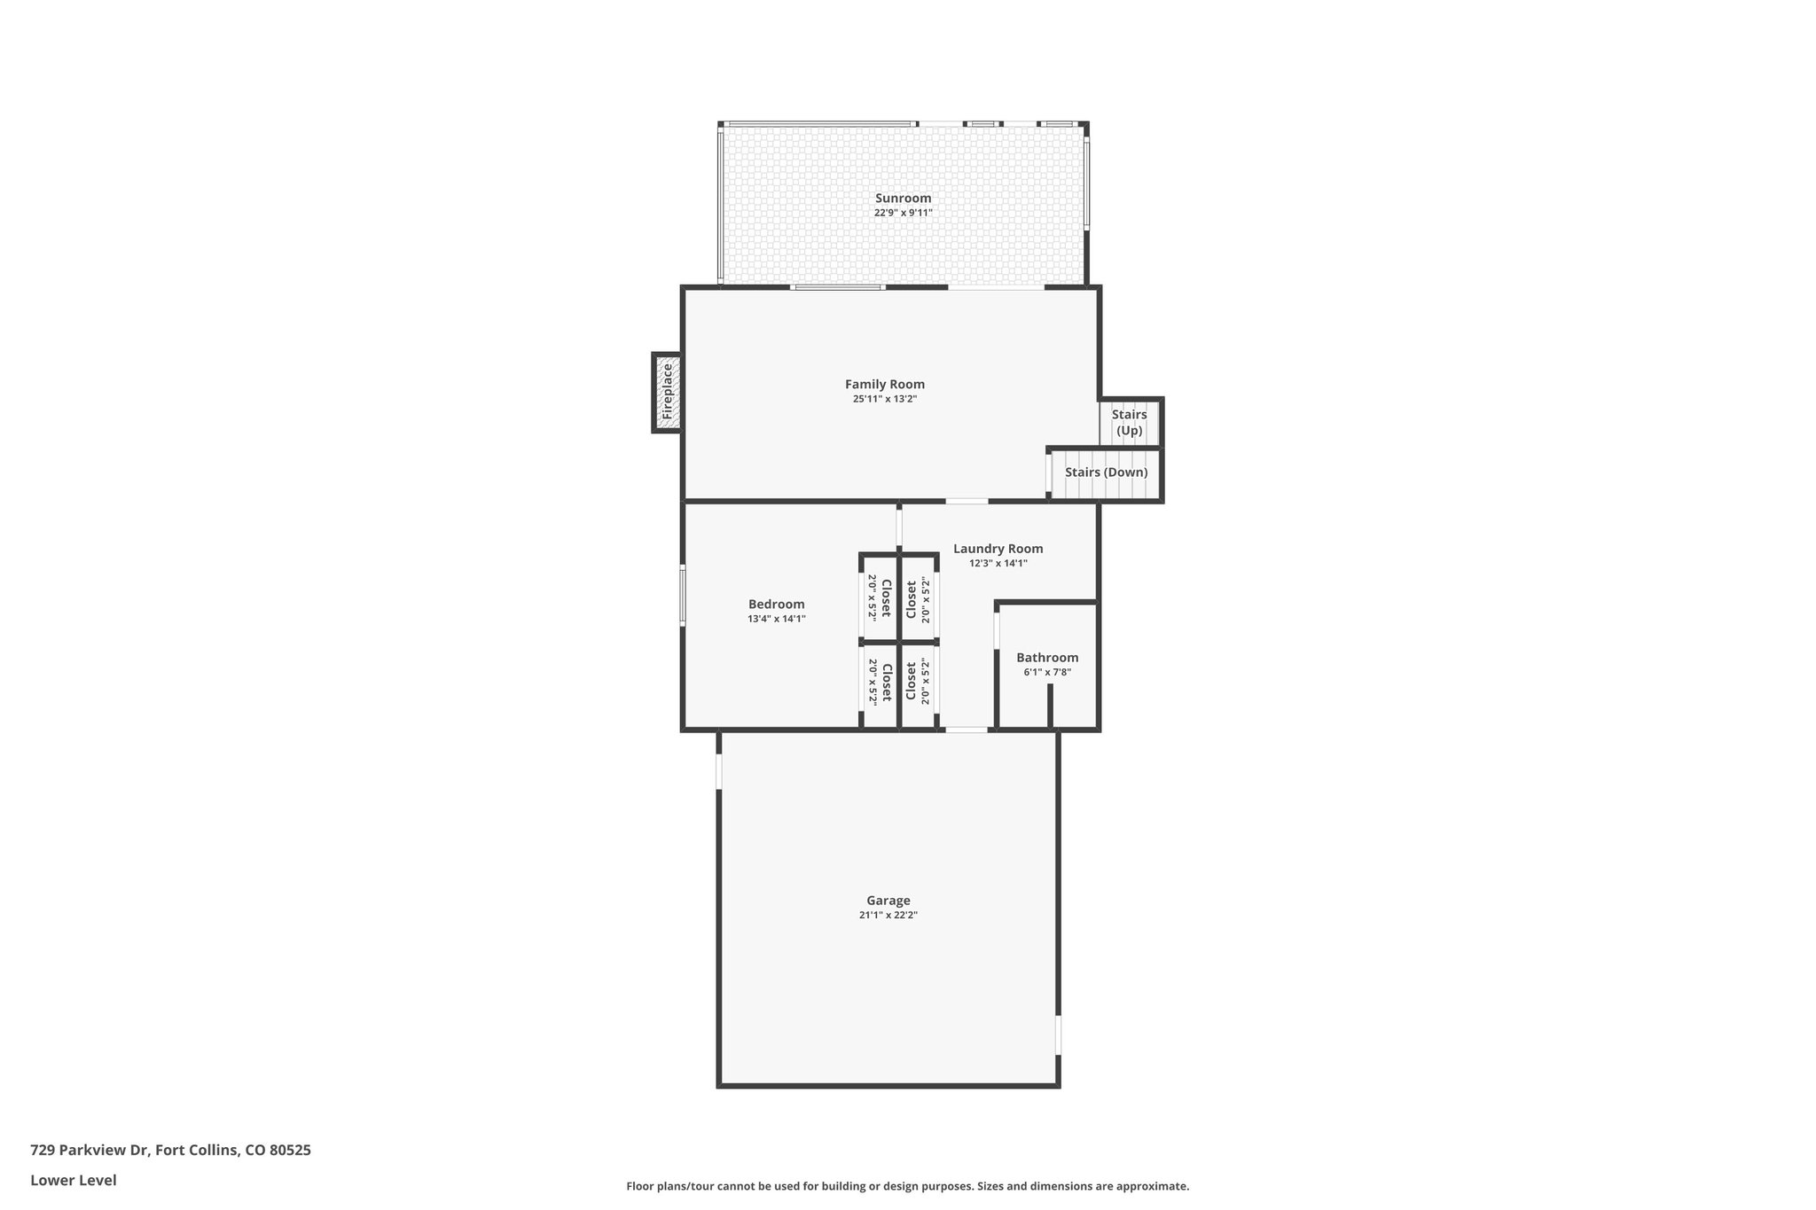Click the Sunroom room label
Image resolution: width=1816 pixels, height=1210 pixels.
[903, 199]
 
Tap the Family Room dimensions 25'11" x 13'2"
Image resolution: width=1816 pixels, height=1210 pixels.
[885, 399]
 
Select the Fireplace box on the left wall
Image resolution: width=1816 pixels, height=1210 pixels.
[668, 393]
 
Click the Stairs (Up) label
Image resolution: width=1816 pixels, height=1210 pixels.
[1129, 423]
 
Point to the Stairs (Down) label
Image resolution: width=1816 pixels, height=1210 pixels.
[1106, 472]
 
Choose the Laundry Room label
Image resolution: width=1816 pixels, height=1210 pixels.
[998, 549]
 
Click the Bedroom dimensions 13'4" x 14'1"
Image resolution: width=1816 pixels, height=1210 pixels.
[777, 619]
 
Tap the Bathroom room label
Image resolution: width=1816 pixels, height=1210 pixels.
[1047, 658]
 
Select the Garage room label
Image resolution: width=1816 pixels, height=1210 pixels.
[888, 901]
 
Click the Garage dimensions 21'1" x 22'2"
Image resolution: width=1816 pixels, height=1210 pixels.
[888, 915]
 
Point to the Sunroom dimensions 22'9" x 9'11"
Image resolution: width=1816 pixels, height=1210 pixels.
[903, 213]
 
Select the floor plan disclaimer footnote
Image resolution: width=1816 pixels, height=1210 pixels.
[907, 1186]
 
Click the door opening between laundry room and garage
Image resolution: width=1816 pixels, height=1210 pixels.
[967, 730]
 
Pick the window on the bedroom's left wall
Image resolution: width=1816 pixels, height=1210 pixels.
[683, 594]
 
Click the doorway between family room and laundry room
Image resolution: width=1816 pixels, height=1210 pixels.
[967, 502]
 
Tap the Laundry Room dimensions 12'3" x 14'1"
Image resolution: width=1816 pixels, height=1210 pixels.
[998, 563]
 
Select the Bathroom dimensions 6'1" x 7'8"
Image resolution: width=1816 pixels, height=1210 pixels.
[1047, 672]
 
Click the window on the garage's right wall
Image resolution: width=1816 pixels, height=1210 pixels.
[1058, 1034]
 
